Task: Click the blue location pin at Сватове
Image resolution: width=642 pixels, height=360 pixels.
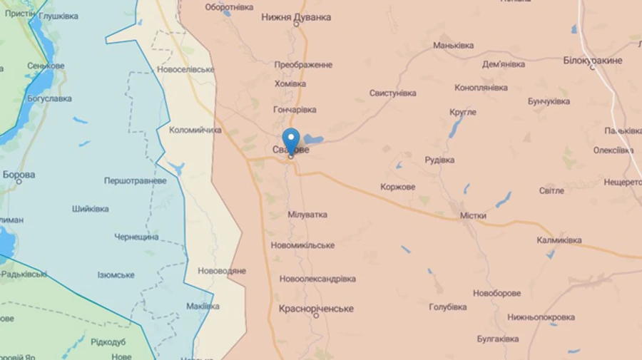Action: click(290, 140)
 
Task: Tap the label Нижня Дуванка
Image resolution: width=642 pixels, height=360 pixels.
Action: click(296, 16)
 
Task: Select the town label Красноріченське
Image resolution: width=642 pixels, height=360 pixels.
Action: click(316, 308)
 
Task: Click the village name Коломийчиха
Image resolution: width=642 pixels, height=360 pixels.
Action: click(195, 130)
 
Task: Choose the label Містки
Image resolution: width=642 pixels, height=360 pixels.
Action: click(473, 215)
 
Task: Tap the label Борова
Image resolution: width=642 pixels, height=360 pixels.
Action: click(19, 175)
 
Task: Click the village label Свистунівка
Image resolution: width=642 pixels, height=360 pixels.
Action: click(392, 93)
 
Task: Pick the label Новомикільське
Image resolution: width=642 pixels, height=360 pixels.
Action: click(302, 245)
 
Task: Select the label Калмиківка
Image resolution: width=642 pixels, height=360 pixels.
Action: click(559, 240)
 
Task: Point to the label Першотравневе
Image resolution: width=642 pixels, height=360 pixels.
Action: click(136, 181)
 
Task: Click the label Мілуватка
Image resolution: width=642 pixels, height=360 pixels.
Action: click(307, 215)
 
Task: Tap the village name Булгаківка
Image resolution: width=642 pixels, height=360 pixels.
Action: click(498, 339)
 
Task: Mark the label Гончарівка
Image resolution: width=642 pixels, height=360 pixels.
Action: click(295, 110)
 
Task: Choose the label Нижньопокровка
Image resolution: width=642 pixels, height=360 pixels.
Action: click(541, 317)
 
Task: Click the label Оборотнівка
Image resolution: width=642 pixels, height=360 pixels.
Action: click(229, 7)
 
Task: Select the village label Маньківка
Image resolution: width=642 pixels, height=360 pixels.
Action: click(454, 46)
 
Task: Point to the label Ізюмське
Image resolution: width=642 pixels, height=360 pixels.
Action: click(116, 275)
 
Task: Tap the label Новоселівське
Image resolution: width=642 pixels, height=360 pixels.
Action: click(185, 70)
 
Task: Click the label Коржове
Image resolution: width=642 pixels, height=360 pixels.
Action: click(398, 187)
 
